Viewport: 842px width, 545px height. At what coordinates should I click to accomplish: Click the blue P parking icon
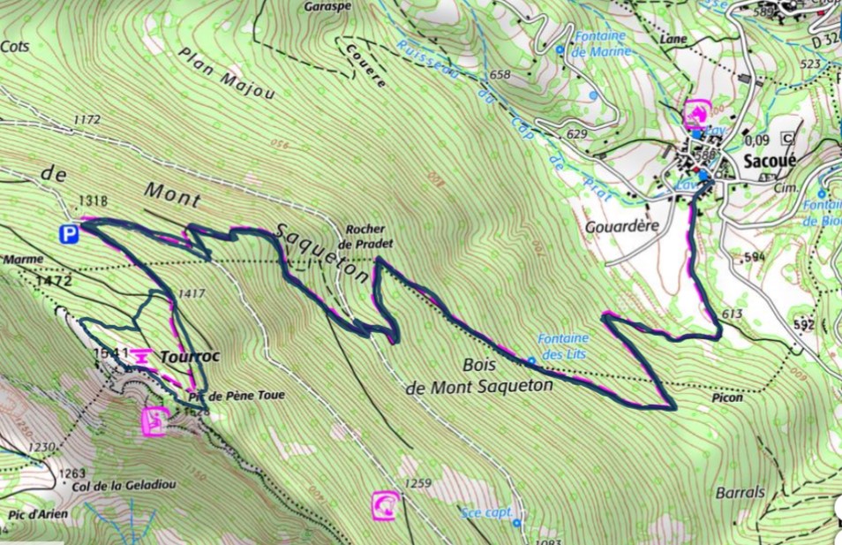pos(68,234)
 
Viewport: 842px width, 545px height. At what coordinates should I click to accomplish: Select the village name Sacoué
pos(770,162)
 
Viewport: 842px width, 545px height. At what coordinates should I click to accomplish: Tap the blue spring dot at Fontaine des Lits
pos(530,360)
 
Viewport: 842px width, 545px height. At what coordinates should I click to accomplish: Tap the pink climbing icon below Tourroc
pos(154,421)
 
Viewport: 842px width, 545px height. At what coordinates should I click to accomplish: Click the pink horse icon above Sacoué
pos(696,113)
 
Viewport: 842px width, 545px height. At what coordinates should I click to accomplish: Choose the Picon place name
pos(725,397)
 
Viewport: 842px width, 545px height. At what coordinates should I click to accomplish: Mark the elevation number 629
pos(577,133)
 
